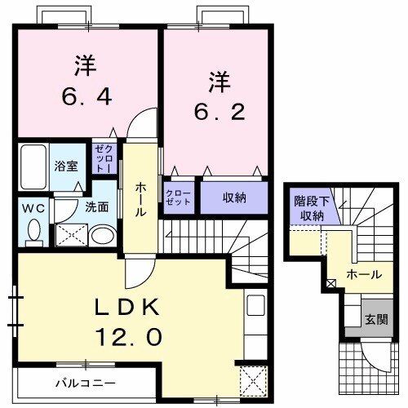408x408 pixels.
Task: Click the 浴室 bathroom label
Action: coord(65,165)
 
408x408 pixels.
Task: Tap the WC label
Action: coord(33,207)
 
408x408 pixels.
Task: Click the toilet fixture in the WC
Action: coord(33,232)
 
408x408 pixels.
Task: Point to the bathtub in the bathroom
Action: coord(33,168)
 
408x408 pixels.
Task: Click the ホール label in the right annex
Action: coord(363,275)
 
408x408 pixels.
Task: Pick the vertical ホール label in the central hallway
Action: coord(141,199)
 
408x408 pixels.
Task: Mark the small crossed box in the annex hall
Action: coord(331,285)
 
